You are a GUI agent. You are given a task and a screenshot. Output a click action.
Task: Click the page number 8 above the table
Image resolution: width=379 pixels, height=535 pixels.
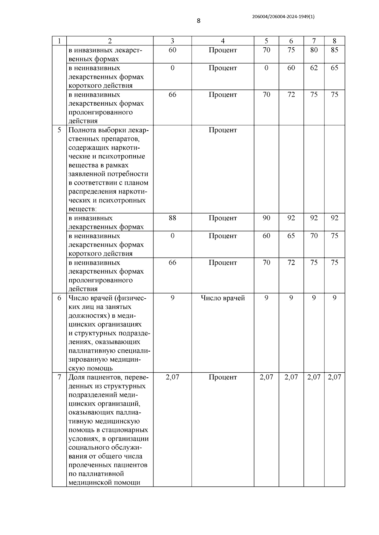[198, 21]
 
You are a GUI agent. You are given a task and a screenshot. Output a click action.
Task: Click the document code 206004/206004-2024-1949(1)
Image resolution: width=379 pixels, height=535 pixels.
[283, 17]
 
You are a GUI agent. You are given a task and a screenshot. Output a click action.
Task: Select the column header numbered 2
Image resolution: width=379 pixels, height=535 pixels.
[110, 41]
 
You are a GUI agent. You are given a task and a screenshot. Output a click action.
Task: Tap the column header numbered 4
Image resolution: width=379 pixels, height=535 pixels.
[223, 41]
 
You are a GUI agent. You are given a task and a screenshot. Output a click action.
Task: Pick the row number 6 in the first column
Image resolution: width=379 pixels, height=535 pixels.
[59, 298]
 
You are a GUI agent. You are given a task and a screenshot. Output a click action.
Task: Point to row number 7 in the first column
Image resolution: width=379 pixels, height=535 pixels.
[59, 377]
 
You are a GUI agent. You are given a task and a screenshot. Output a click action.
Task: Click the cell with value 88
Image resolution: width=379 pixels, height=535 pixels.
[172, 218]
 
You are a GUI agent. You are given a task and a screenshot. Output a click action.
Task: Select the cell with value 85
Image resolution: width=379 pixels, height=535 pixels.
[334, 50]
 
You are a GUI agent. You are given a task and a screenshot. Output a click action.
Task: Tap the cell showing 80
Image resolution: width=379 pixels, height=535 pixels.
[314, 50]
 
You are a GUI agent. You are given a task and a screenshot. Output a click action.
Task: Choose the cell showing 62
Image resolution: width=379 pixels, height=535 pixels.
[314, 68]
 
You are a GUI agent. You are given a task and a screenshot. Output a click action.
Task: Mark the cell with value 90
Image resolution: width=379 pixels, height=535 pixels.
[266, 218]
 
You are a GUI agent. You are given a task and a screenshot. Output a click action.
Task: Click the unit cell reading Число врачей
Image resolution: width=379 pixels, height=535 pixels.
[223, 298]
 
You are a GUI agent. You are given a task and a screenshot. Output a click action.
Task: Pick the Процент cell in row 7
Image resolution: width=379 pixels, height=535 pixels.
[223, 377]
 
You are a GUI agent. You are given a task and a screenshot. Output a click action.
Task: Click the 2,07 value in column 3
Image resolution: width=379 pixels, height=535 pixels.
[172, 377]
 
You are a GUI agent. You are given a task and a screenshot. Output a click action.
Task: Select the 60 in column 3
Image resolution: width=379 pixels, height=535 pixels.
[172, 50]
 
